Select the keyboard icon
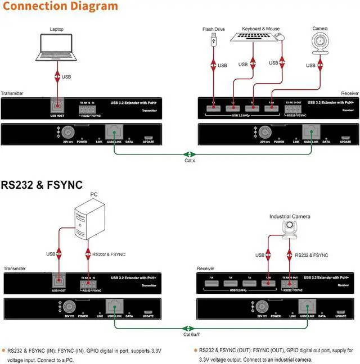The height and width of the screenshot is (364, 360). (251, 37)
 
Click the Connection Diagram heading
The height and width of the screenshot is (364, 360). (60, 7)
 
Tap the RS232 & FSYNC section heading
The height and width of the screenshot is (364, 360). (42, 184)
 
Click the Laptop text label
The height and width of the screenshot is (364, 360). (57, 29)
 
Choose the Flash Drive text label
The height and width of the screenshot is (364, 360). (214, 29)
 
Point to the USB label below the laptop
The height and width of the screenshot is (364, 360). (66, 76)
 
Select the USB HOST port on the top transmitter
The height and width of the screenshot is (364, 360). (57, 106)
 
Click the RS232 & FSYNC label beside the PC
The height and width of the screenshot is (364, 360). (108, 254)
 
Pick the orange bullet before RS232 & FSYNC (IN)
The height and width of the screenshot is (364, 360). (3, 350)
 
